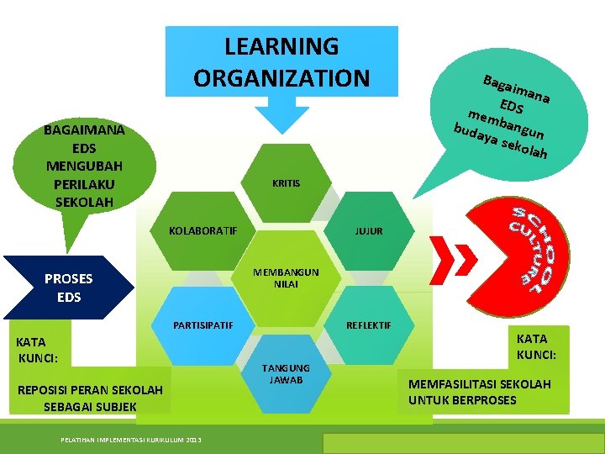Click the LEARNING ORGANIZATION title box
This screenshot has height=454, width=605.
coord(281,61)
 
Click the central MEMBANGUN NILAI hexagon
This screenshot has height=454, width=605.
coord(286,278)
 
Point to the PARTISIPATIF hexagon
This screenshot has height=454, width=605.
coord(203,325)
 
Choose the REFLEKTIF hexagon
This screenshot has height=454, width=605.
coord(369,325)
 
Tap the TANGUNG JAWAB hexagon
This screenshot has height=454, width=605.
coord(286,374)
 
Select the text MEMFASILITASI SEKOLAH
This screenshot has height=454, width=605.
coord(480,384)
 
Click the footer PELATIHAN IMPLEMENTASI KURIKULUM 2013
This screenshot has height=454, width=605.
coord(131,440)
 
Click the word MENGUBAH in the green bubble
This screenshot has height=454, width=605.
coord(84,166)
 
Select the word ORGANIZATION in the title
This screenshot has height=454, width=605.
coord(281,77)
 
